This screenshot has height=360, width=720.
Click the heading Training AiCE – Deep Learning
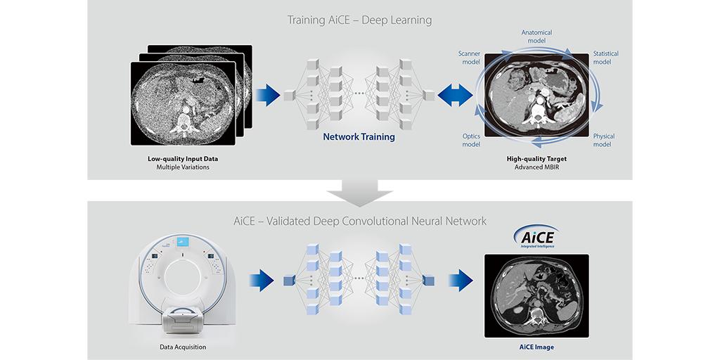click(x=359, y=20)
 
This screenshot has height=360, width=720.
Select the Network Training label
click(x=359, y=137)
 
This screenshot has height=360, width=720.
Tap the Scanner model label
click(x=469, y=58)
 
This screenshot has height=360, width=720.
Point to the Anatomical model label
click(x=536, y=37)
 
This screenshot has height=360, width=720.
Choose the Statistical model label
click(x=605, y=58)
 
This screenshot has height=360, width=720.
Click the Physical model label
click(x=603, y=141)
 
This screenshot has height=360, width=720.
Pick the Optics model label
click(x=470, y=141)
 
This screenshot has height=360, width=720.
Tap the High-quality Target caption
click(x=536, y=159)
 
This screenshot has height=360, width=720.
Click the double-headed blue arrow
click(x=455, y=95)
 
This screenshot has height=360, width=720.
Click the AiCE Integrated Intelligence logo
click(x=536, y=236)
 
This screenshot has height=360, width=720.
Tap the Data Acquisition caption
click(x=183, y=347)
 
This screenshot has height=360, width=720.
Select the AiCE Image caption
click(x=536, y=347)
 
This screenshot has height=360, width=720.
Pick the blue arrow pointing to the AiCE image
click(x=461, y=281)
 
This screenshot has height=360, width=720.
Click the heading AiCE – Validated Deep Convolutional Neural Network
click(x=359, y=221)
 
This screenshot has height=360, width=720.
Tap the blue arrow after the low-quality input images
click(x=268, y=95)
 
